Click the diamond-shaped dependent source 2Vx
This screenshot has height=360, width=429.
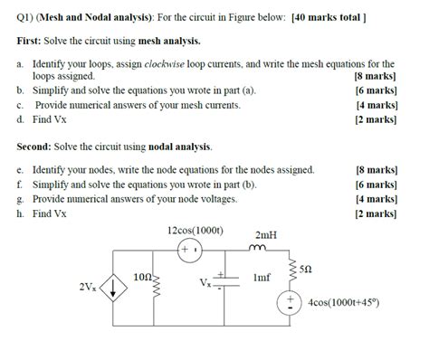[x=114, y=289]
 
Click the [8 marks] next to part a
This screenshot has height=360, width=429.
[x=375, y=77]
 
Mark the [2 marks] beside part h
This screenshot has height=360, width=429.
[x=377, y=213]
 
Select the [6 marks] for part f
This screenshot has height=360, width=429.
[x=377, y=184]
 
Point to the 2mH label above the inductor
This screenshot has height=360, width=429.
[x=266, y=234]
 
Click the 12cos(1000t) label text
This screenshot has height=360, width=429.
[x=195, y=230]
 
